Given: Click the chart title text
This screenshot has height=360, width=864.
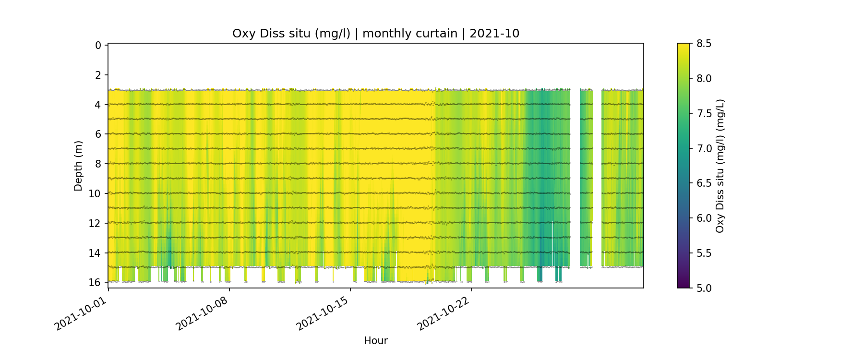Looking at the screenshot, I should [375, 34].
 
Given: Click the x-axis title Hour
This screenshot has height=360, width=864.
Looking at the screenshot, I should [375, 341].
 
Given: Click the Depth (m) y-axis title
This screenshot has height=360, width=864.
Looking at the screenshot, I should [78, 166].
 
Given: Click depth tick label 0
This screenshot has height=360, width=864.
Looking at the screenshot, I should [98, 45].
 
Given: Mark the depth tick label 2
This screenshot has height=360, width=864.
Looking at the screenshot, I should [98, 75].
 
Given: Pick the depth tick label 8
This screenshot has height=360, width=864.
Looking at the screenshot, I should [98, 164].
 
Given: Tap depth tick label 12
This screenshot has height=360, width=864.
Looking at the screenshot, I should [96, 223].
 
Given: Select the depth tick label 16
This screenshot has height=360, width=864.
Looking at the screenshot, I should [96, 282].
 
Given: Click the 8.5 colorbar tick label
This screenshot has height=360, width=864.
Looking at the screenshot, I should [704, 44].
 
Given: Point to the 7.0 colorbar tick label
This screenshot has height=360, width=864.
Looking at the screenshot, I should [704, 148].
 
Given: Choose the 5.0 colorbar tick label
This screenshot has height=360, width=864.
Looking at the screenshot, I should [704, 288].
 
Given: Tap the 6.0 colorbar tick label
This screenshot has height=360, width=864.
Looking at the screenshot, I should [704, 218].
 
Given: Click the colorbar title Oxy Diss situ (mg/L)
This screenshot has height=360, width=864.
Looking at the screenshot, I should [720, 166].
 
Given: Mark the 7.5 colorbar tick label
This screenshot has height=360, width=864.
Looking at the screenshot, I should [704, 113].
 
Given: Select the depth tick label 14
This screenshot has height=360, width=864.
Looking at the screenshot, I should [96, 252].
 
